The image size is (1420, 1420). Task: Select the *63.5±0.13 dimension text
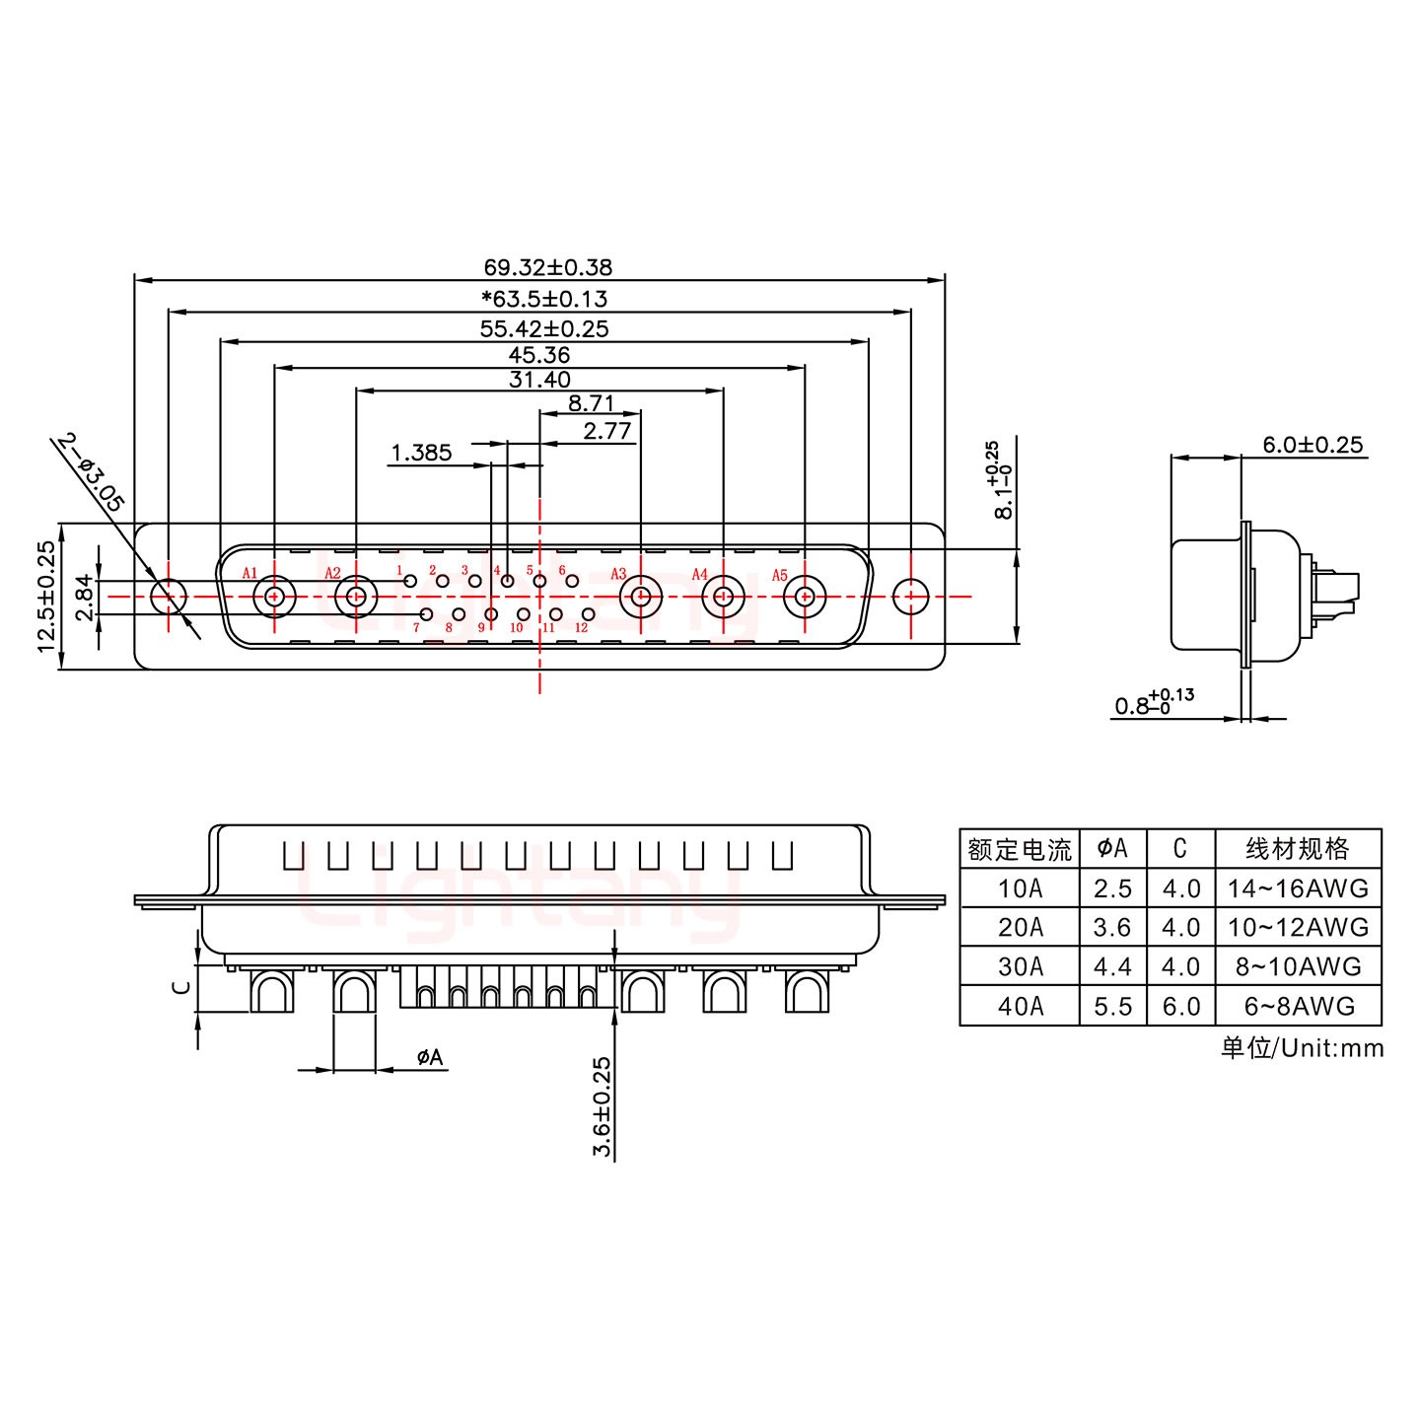point(543,299)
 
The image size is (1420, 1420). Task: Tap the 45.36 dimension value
point(539,355)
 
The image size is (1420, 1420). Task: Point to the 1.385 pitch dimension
point(421,453)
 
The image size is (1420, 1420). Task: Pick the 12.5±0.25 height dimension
point(45,597)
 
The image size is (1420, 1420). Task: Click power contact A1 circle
point(273,597)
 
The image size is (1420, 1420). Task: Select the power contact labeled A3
point(641,597)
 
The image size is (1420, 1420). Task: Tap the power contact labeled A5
point(805,597)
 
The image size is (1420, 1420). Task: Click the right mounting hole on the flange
point(909,597)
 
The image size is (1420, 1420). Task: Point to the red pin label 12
point(581,628)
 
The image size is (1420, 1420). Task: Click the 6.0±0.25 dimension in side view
point(1313,445)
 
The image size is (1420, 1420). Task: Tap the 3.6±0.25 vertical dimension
point(603,1107)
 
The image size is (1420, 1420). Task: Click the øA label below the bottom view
point(430,1058)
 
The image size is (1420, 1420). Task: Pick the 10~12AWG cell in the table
point(1298,927)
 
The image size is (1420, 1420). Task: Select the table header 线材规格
point(1298,848)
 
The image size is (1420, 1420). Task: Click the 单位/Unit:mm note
point(1302,1047)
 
